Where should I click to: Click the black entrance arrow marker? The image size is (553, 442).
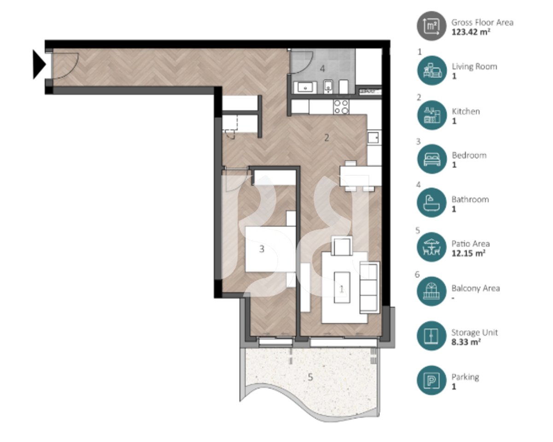coord(39,65)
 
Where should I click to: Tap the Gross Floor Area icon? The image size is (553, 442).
coord(431,26)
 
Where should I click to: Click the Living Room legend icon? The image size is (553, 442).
coord(431,70)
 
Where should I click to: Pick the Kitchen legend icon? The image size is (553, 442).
coord(431,115)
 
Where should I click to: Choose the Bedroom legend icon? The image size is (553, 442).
coord(431,159)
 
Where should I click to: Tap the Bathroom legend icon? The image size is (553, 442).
coord(431,203)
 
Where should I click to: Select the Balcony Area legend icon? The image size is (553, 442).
coord(431,291)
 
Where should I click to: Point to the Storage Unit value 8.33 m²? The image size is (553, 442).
coord(467,342)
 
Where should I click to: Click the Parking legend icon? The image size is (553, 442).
coord(431,380)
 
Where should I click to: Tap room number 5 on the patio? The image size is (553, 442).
coord(310,377)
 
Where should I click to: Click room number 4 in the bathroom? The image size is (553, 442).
coord(322,69)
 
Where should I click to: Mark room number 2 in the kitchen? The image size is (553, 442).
coord(326,137)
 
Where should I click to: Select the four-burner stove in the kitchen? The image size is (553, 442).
coord(341,107)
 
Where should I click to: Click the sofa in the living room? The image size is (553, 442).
coord(369,287)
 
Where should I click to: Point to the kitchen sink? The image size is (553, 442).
coord(374,137)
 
